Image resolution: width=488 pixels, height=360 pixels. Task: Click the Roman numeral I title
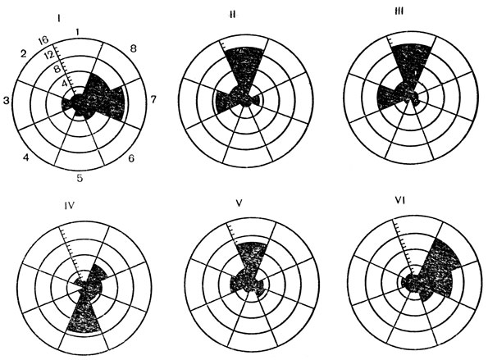point(58,19)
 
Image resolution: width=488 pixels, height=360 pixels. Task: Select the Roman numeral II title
point(232,15)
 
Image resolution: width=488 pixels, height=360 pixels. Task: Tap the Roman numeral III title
point(399,11)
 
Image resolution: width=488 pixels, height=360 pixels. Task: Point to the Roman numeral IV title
point(69,206)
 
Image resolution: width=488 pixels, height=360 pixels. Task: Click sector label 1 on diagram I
point(78,32)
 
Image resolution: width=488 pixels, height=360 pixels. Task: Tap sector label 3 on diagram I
point(6,100)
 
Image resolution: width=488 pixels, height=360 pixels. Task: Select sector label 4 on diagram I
point(26,157)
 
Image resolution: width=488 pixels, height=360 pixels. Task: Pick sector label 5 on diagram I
point(80,178)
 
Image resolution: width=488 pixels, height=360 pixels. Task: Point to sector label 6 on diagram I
point(131,158)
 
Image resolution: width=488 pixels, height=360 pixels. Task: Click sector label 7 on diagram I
point(153,100)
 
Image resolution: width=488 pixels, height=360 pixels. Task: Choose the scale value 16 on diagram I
point(43,41)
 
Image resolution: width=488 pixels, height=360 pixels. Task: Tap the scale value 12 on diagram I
point(49,55)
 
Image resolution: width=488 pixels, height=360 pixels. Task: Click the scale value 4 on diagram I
point(65,83)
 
